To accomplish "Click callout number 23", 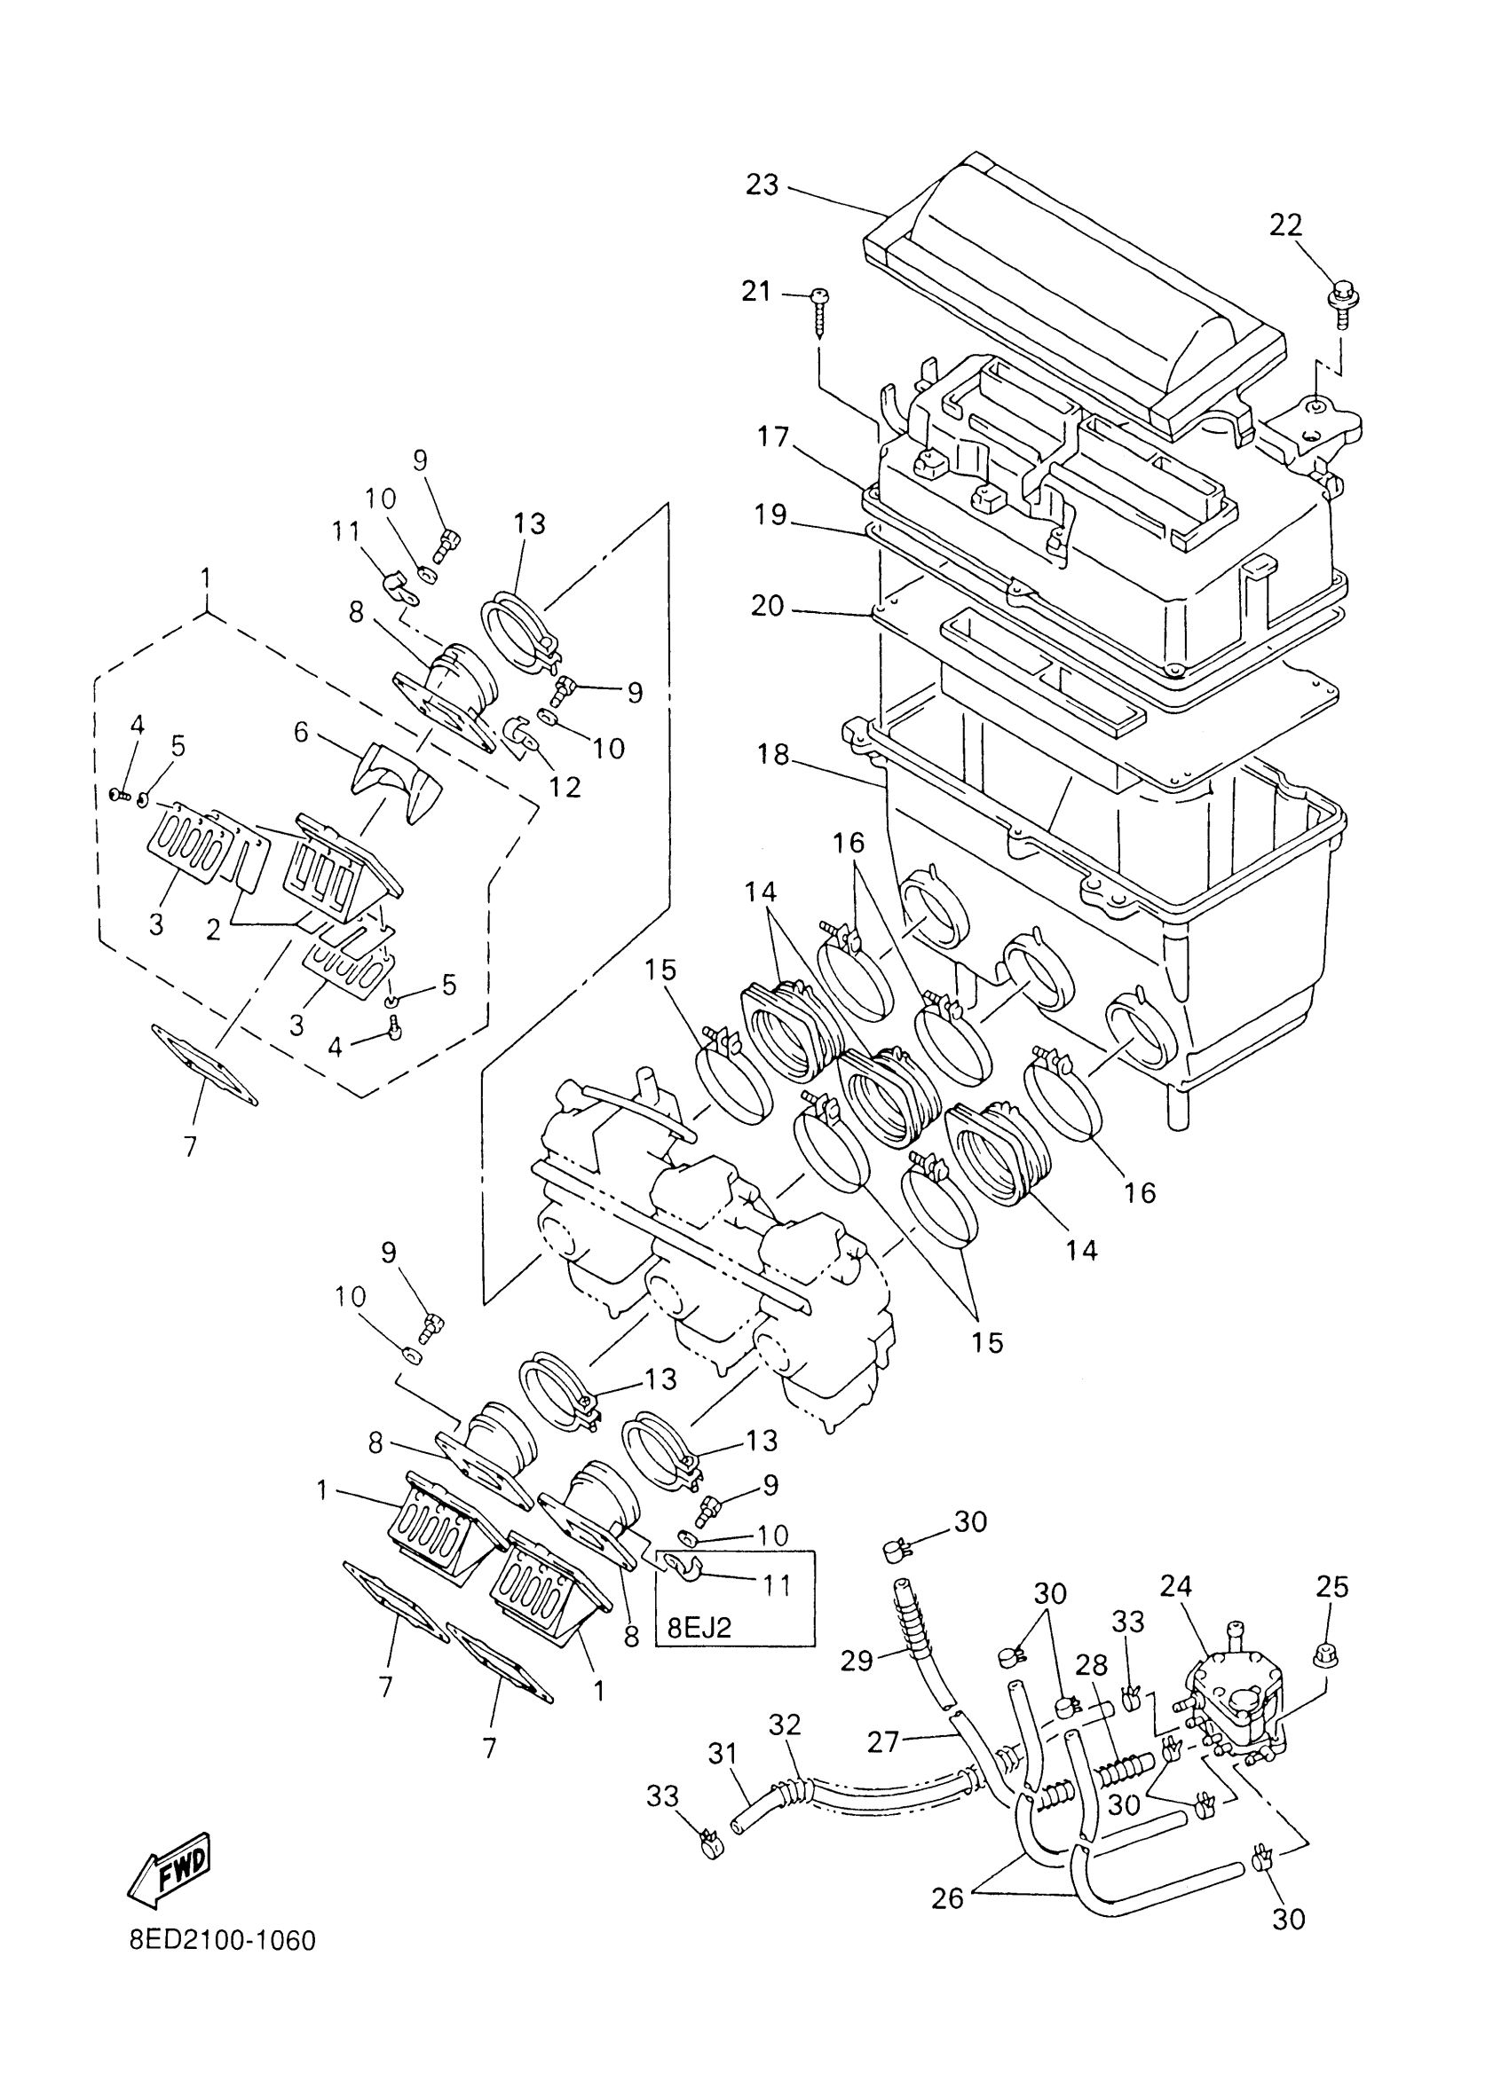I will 762,185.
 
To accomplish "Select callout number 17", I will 773,437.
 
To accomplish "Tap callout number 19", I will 771,515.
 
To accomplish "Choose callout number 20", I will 768,606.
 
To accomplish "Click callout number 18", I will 773,754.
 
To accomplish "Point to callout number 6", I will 301,732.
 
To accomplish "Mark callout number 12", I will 565,787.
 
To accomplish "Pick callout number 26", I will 947,1897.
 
